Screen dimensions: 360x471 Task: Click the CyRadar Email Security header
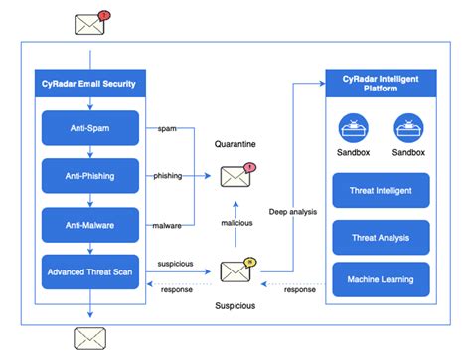point(87,82)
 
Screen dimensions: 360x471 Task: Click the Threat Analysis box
point(383,237)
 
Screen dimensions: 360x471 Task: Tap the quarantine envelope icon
point(235,176)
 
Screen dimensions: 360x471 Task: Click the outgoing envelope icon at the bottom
point(89,338)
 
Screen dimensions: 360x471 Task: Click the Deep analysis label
point(294,211)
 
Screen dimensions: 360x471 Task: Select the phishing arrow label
point(168,176)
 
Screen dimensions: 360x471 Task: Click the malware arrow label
point(167,224)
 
